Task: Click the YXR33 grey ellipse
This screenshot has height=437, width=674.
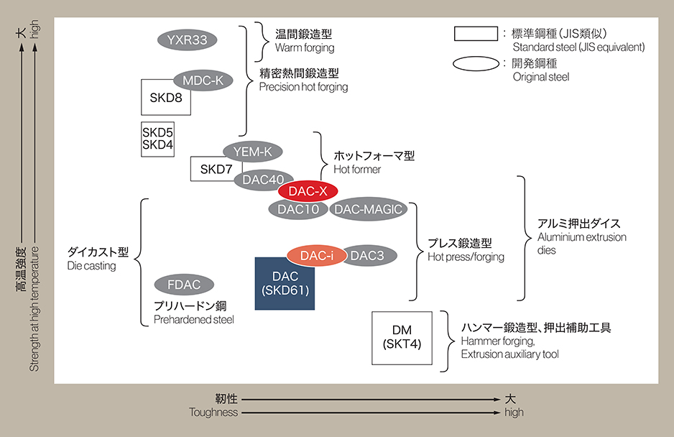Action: (x=187, y=40)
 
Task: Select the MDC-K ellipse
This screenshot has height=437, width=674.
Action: (x=203, y=80)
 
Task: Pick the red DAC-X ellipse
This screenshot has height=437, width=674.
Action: (x=308, y=191)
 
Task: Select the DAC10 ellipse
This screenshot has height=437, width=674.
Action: (x=297, y=209)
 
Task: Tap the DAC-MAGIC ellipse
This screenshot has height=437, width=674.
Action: (x=367, y=209)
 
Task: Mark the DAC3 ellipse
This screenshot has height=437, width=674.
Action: (x=367, y=255)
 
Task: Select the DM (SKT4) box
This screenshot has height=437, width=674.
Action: (x=402, y=337)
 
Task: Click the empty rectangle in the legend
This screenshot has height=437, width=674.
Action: (x=476, y=34)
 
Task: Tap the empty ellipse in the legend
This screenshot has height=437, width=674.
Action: (x=476, y=64)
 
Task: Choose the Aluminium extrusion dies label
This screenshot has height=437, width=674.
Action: (x=581, y=237)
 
